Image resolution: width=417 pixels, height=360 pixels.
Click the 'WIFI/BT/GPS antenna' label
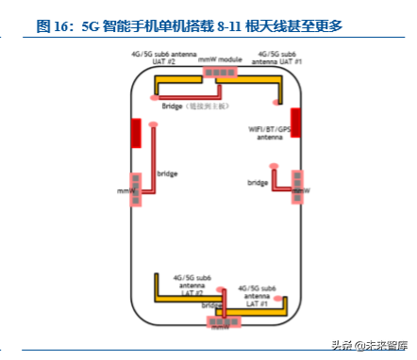click(267, 132)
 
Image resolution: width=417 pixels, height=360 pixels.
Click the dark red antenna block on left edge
click(136, 133)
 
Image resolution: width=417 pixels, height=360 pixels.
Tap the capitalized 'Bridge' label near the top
click(173, 106)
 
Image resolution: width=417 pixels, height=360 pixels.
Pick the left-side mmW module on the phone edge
click(136, 188)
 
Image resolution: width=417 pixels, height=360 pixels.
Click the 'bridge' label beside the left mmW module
click(167, 173)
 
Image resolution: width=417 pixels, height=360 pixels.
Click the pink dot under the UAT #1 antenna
click(276, 100)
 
